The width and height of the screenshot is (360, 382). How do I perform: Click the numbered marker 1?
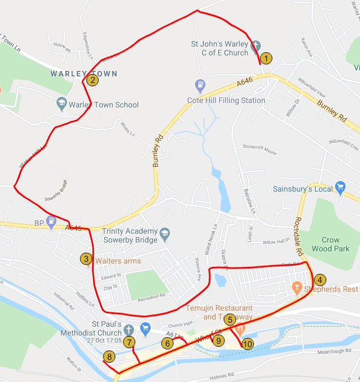[266, 58]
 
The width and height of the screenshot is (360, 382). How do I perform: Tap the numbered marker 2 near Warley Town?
[92, 80]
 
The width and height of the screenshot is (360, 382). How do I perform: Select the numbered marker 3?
[85, 258]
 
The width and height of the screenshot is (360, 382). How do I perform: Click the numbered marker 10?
[247, 344]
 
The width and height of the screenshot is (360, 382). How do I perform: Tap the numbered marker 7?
[128, 342]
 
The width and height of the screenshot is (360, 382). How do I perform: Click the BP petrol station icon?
[52, 220]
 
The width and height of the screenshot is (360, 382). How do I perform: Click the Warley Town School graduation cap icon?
[61, 104]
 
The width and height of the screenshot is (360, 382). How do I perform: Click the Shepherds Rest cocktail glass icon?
[296, 287]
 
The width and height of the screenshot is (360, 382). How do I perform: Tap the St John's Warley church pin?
[255, 47]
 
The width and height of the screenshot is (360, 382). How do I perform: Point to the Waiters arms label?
[118, 260]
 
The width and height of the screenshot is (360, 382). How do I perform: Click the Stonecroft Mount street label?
[259, 149]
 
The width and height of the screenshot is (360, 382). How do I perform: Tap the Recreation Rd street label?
[151, 297]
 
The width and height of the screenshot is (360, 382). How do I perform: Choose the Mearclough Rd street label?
[334, 351]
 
